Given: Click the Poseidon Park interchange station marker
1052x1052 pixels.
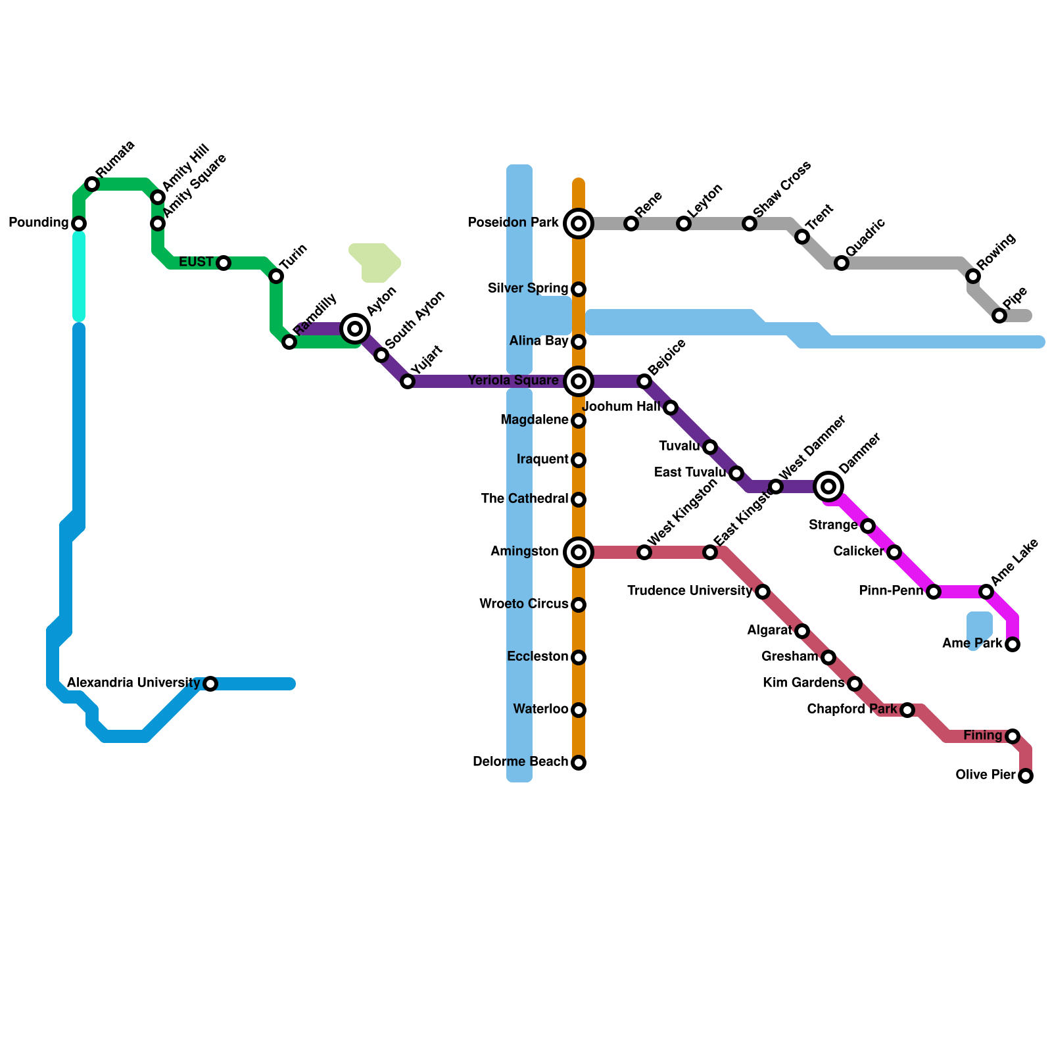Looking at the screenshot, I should click(579, 224).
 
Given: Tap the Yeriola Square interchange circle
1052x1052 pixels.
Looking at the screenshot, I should click(579, 381).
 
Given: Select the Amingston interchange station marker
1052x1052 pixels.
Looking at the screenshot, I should click(579, 552).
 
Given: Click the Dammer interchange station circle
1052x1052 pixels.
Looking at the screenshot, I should click(829, 487).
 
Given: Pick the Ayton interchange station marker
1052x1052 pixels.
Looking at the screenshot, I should click(355, 328).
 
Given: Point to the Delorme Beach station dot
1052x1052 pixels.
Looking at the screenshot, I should click(579, 763).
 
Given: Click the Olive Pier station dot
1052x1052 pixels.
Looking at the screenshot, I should click(1026, 777).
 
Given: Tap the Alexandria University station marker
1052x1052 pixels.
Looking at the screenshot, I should click(210, 684).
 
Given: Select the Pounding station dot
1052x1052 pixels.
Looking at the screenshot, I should click(79, 224).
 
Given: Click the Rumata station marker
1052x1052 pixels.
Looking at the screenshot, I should click(92, 185).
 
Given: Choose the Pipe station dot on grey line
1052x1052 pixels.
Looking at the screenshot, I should click(999, 316).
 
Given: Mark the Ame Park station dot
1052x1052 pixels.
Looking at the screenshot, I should click(1013, 644).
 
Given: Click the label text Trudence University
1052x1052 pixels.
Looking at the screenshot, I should click(689, 591).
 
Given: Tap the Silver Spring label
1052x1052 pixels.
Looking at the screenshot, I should click(528, 289).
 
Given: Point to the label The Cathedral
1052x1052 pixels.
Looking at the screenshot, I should click(524, 499).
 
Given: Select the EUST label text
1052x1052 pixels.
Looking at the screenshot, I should click(196, 262).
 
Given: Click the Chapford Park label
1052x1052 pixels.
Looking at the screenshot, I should click(851, 709).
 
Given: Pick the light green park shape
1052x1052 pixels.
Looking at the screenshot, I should click(375, 262).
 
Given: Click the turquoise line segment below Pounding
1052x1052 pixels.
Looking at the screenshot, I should click(79, 276).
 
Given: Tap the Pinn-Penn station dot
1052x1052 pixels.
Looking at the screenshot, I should click(934, 592).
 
